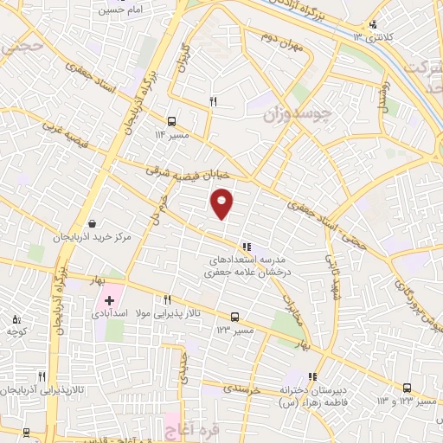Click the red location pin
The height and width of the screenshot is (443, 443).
[222, 202]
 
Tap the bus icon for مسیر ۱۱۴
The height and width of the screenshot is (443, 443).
[172, 121]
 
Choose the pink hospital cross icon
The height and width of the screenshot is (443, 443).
[109, 299]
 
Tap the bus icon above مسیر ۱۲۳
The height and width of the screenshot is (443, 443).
[235, 317]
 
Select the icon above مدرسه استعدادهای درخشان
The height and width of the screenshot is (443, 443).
[247, 246]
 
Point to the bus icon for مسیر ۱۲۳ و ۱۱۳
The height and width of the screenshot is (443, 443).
[407, 388]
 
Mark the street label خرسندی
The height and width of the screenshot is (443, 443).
[241, 389]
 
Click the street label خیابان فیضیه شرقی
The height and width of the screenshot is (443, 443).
[187, 171]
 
